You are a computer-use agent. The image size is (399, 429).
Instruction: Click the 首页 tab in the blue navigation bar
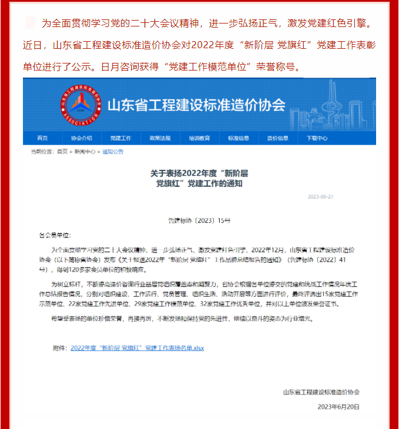coord(42,138)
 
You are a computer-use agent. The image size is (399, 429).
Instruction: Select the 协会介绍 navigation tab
coord(81,138)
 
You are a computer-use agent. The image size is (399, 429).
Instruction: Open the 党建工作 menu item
coord(120,138)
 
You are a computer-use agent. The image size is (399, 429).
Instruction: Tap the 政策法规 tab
coord(160,138)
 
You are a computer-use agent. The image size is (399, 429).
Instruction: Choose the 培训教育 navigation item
coord(199,138)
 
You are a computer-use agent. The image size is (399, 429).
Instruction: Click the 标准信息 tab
coord(239,138)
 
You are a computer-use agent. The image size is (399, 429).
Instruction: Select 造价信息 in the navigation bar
coord(278,138)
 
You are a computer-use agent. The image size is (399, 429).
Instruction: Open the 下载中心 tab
coord(317,138)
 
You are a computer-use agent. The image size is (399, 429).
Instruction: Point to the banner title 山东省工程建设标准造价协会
coord(196,105)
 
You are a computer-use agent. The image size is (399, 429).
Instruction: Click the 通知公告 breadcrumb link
coord(113,152)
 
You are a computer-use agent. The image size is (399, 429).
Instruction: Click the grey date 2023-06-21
coord(320,197)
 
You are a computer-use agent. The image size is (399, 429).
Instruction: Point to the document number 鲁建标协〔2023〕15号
coord(199,220)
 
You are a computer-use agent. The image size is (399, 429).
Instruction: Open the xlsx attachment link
coord(137,348)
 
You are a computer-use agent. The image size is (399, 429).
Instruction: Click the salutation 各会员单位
coord(54,234)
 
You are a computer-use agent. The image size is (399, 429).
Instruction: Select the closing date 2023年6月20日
coord(338,407)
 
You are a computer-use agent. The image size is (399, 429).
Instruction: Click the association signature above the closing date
coord(321,392)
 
